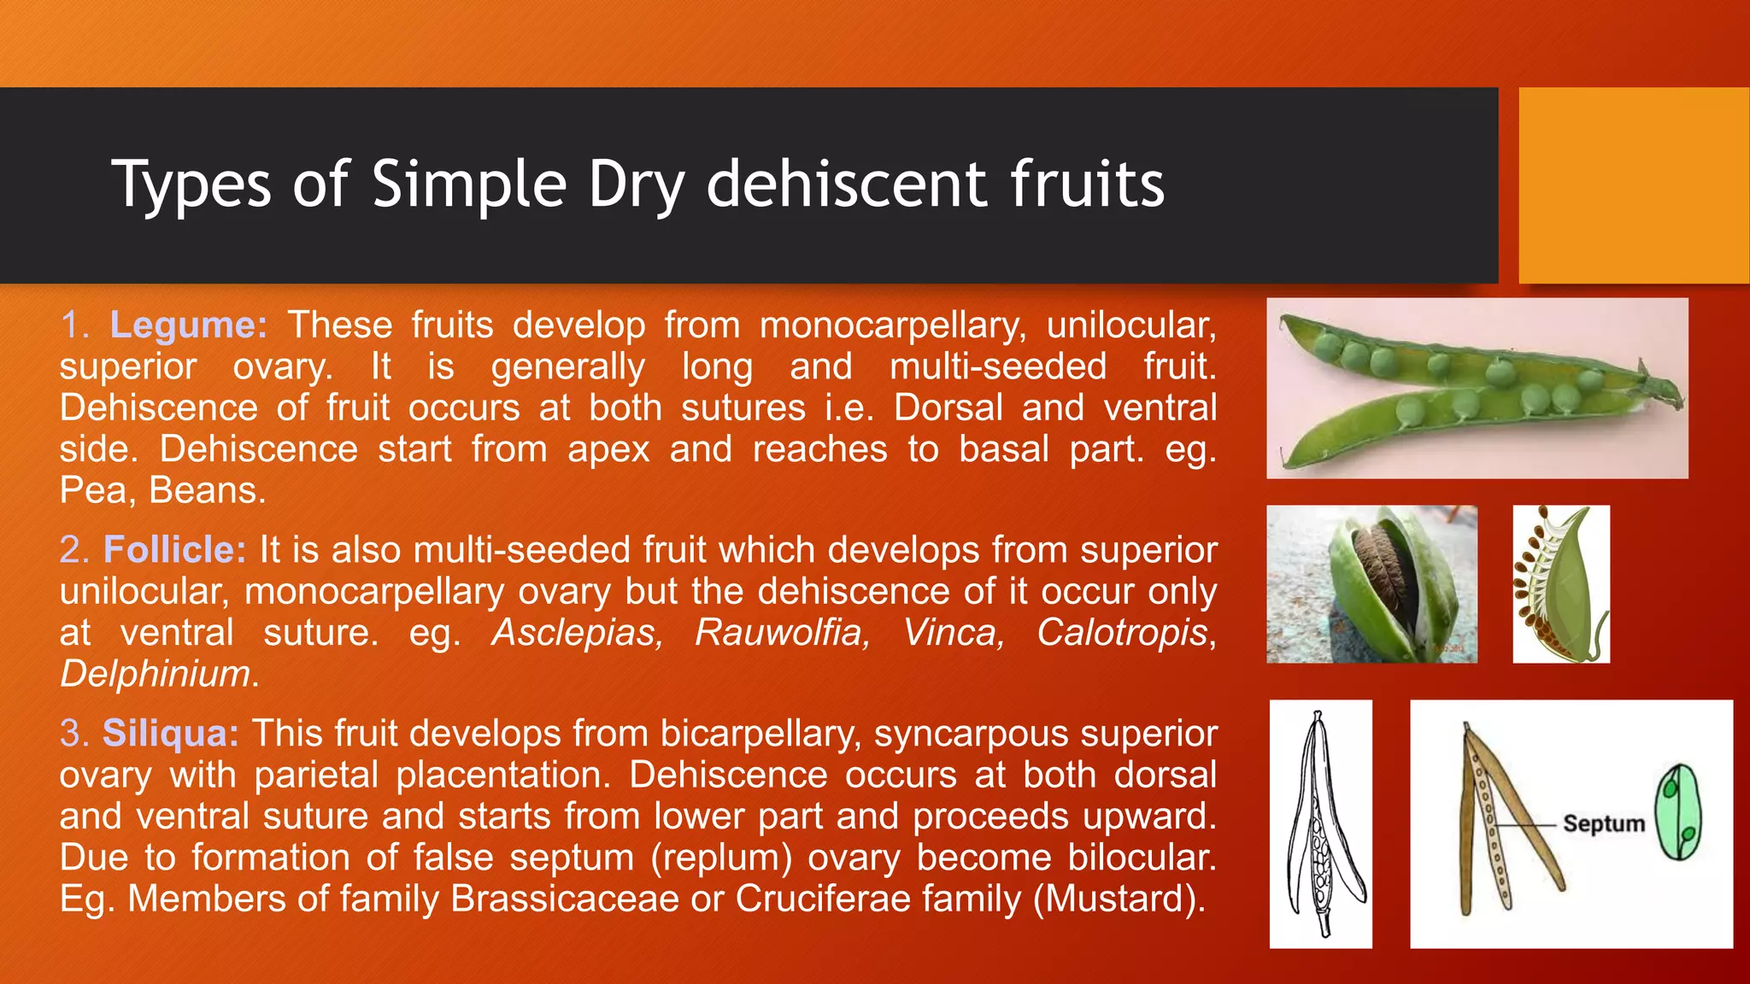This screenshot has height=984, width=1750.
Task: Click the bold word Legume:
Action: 188,325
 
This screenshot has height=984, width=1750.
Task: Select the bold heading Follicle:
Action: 174,550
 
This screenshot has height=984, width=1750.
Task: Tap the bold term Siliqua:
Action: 171,734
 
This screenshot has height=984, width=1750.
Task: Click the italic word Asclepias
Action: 577,633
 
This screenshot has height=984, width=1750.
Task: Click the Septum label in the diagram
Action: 1603,823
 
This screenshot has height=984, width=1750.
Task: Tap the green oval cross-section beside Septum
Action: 1678,811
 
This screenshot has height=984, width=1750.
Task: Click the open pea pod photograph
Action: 1477,389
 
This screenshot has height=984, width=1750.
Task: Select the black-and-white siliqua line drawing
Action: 1320,823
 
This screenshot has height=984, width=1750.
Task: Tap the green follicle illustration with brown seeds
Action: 1561,584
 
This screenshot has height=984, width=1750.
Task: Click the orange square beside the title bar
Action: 1633,185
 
